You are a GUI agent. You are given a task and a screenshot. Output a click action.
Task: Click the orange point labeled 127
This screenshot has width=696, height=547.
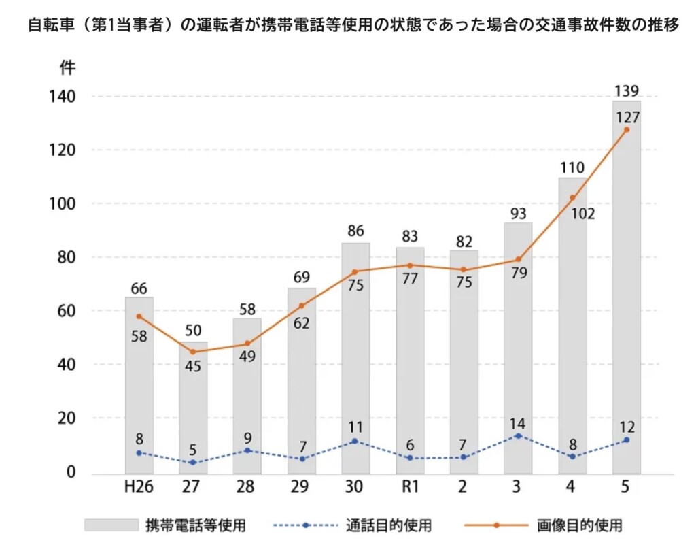[626, 129]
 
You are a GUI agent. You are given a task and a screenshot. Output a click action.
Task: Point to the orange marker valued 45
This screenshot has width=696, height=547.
[193, 352]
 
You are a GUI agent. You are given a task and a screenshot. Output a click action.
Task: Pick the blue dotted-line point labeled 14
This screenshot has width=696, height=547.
[518, 435]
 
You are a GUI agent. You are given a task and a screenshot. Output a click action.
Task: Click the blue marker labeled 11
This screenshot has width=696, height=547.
[355, 441]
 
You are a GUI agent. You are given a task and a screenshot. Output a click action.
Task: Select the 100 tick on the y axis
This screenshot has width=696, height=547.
[63, 203]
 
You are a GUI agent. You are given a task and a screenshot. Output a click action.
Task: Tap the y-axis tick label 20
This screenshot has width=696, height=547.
[66, 418]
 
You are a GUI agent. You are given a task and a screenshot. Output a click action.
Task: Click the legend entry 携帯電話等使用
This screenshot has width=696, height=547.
[196, 525]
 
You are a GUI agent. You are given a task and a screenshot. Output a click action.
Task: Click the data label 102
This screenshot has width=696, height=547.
[582, 214]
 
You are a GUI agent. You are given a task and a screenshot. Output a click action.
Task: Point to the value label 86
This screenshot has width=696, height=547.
[355, 231]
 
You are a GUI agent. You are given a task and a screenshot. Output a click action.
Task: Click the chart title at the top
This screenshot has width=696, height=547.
[348, 28]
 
